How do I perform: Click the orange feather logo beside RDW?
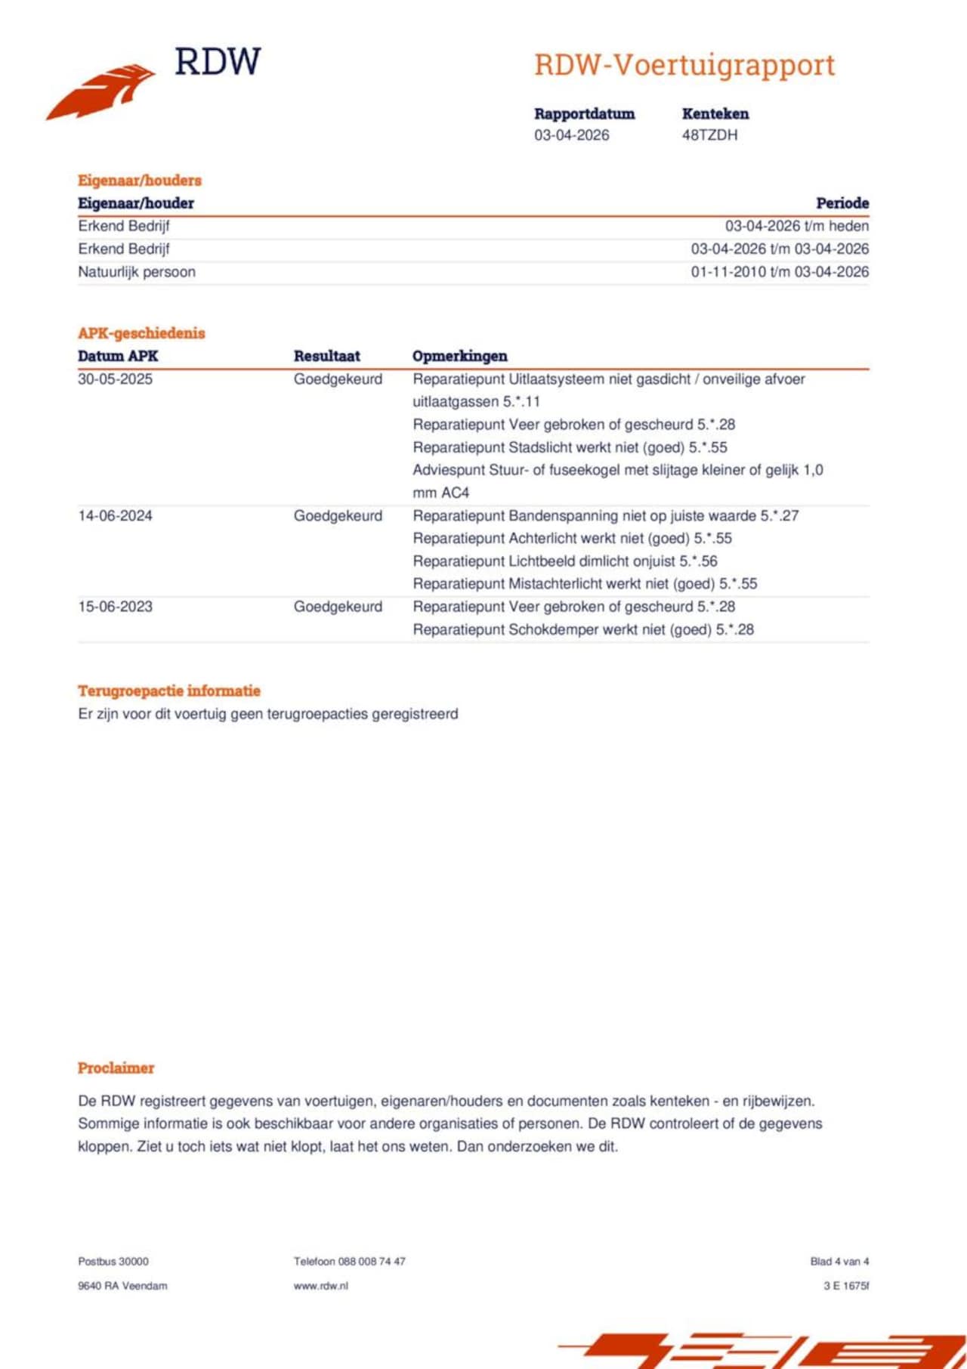click(x=101, y=91)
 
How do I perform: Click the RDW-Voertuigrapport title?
click(x=684, y=65)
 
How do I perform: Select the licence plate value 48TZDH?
click(x=709, y=135)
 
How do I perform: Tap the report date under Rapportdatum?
click(x=571, y=135)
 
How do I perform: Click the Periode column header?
click(x=842, y=203)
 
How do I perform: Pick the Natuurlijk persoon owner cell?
click(x=137, y=272)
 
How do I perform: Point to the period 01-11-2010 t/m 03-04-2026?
click(x=780, y=272)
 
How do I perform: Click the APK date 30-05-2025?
click(x=115, y=379)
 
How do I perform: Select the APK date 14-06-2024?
click(x=115, y=516)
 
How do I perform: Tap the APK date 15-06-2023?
click(x=115, y=607)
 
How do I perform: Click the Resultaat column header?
click(x=326, y=356)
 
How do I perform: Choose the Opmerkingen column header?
click(x=459, y=356)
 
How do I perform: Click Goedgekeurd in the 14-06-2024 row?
click(x=338, y=516)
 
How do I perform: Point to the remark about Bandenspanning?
click(x=605, y=516)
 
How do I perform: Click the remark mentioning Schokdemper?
click(x=582, y=629)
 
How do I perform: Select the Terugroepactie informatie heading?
click(x=169, y=691)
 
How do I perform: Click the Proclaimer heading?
click(x=116, y=1068)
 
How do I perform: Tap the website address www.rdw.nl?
click(x=321, y=1285)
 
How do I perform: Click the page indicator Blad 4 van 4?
click(x=839, y=1261)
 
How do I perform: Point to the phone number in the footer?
click(x=350, y=1261)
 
